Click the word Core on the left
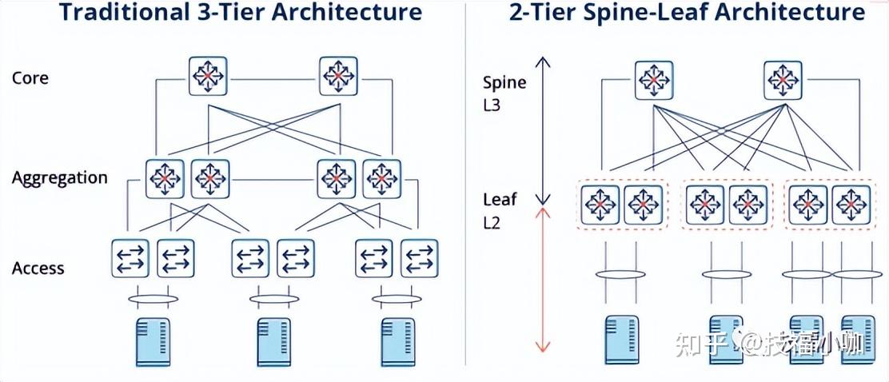30,78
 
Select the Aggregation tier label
59,177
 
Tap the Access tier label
38,268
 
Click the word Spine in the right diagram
504,82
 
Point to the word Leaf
499,201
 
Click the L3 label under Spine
492,104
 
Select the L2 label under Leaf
492,222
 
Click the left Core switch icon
209,76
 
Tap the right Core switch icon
339,76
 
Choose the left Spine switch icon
655,80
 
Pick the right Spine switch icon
783,80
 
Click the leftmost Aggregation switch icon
165,178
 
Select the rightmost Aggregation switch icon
382,178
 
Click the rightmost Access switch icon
419,257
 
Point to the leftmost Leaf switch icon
600,205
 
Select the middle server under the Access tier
273,341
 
